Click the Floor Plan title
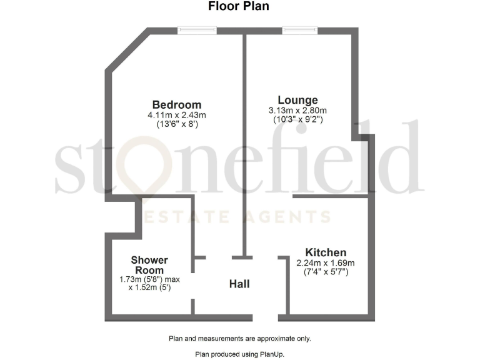click(x=239, y=7)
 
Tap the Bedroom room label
click(x=177, y=104)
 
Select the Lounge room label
click(x=298, y=100)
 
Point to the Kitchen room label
click(x=325, y=252)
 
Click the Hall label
click(x=239, y=284)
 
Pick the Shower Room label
click(x=149, y=265)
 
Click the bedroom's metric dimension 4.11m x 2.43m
click(x=177, y=115)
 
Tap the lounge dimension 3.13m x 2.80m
click(x=298, y=111)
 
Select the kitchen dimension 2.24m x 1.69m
click(x=325, y=263)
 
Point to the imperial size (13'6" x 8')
click(x=177, y=124)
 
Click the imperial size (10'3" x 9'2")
click(x=298, y=120)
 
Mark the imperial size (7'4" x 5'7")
click(x=325, y=272)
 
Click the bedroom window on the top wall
click(x=197, y=30)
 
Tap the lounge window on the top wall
click(x=299, y=30)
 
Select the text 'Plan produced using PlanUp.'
click(x=239, y=354)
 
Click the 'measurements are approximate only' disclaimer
click(x=239, y=339)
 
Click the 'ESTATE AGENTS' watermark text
click(x=237, y=217)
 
